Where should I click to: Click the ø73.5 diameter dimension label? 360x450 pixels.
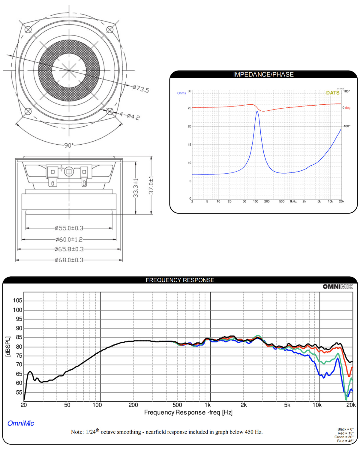[141, 88]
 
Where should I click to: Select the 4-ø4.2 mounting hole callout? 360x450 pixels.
[130, 115]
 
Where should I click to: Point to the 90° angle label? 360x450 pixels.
[69, 145]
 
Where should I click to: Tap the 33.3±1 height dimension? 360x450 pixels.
[136, 188]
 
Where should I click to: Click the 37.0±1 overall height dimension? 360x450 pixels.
[151, 185]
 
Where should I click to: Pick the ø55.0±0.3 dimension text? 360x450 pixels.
[69, 228]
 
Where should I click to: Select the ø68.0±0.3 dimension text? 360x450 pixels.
[69, 260]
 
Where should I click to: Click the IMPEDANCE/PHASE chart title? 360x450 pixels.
[263, 74]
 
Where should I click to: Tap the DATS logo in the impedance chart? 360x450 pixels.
[333, 93]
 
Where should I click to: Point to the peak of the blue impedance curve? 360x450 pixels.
[257, 111]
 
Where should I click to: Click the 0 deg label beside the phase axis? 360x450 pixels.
[346, 108]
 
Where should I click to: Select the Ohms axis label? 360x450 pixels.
[181, 93]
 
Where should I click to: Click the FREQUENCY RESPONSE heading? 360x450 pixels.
[180, 280]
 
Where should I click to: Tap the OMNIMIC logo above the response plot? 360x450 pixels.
[338, 286]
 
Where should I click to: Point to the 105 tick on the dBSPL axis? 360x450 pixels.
[17, 300]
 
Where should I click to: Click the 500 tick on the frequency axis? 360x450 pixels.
[177, 405]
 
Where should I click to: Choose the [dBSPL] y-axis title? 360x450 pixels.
[8, 346]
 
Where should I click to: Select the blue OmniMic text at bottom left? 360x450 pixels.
[21, 423]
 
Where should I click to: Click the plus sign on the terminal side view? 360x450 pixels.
[61, 168]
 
